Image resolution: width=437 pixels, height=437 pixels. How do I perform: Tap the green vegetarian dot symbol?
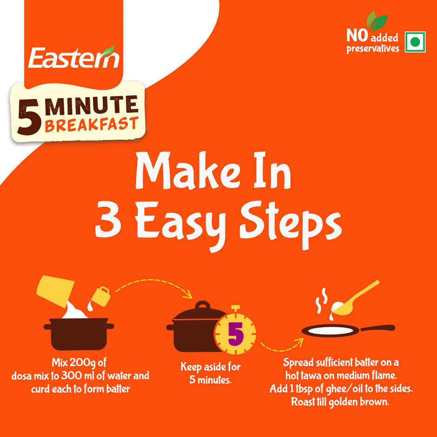point(415,42)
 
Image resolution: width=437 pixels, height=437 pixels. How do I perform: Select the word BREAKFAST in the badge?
point(92,124)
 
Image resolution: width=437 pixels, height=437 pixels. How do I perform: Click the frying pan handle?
point(377,328)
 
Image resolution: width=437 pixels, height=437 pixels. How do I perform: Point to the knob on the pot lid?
point(203,306)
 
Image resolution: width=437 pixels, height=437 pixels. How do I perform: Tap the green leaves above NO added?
point(377,20)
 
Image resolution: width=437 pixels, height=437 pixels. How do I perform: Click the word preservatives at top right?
point(373,48)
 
